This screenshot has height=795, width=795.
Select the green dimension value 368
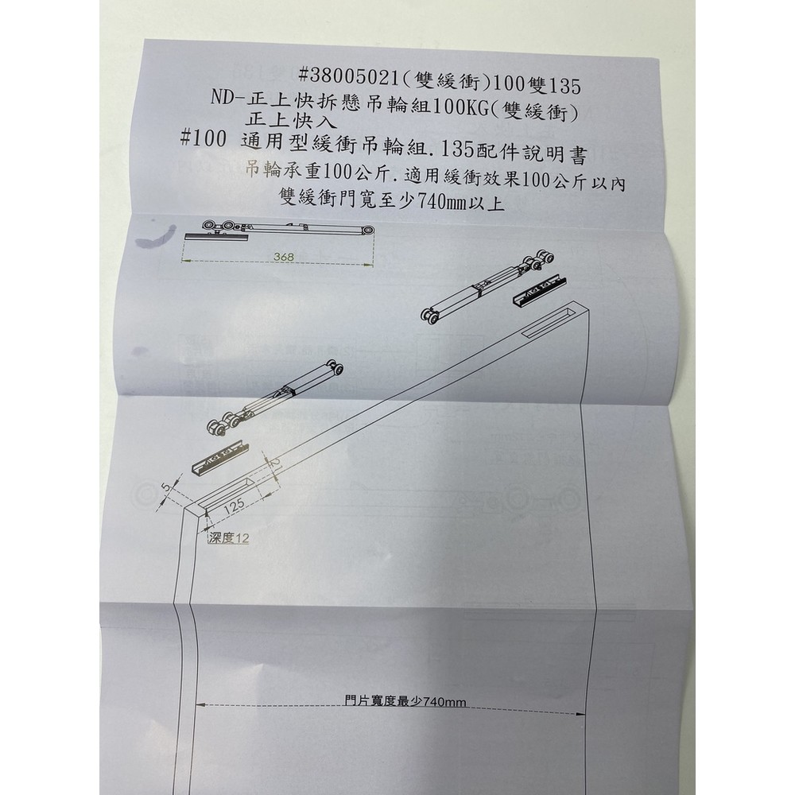281,257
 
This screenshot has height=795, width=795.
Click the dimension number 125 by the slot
232,506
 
